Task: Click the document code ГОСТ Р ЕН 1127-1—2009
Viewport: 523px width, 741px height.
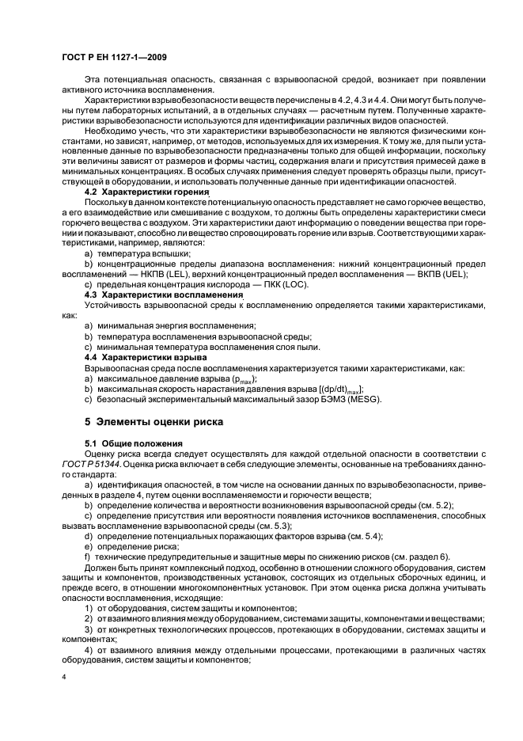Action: click(114, 58)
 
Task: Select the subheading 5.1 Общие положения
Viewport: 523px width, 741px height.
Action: click(133, 442)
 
